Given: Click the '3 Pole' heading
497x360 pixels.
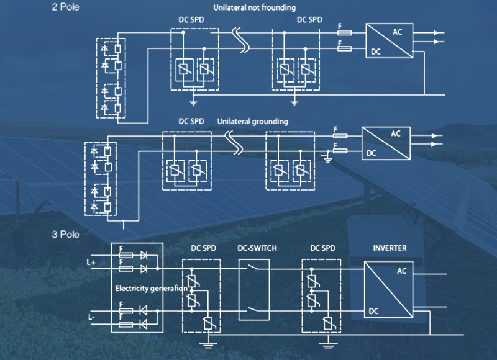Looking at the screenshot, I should point(65,234).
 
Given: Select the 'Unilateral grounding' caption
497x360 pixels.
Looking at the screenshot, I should point(253,122).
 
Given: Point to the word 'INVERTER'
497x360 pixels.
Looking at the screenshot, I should point(390,248).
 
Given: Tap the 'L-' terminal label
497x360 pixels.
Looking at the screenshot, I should point(91,317).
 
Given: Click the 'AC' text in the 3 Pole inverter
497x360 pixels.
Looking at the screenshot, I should point(401,270).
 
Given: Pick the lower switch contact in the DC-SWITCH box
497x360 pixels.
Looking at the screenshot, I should point(254,308).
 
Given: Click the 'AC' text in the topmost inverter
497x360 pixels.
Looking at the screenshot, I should point(398,31).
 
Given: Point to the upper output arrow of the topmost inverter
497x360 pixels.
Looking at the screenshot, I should point(439,32).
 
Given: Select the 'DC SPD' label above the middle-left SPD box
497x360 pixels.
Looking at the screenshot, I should point(191,121).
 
